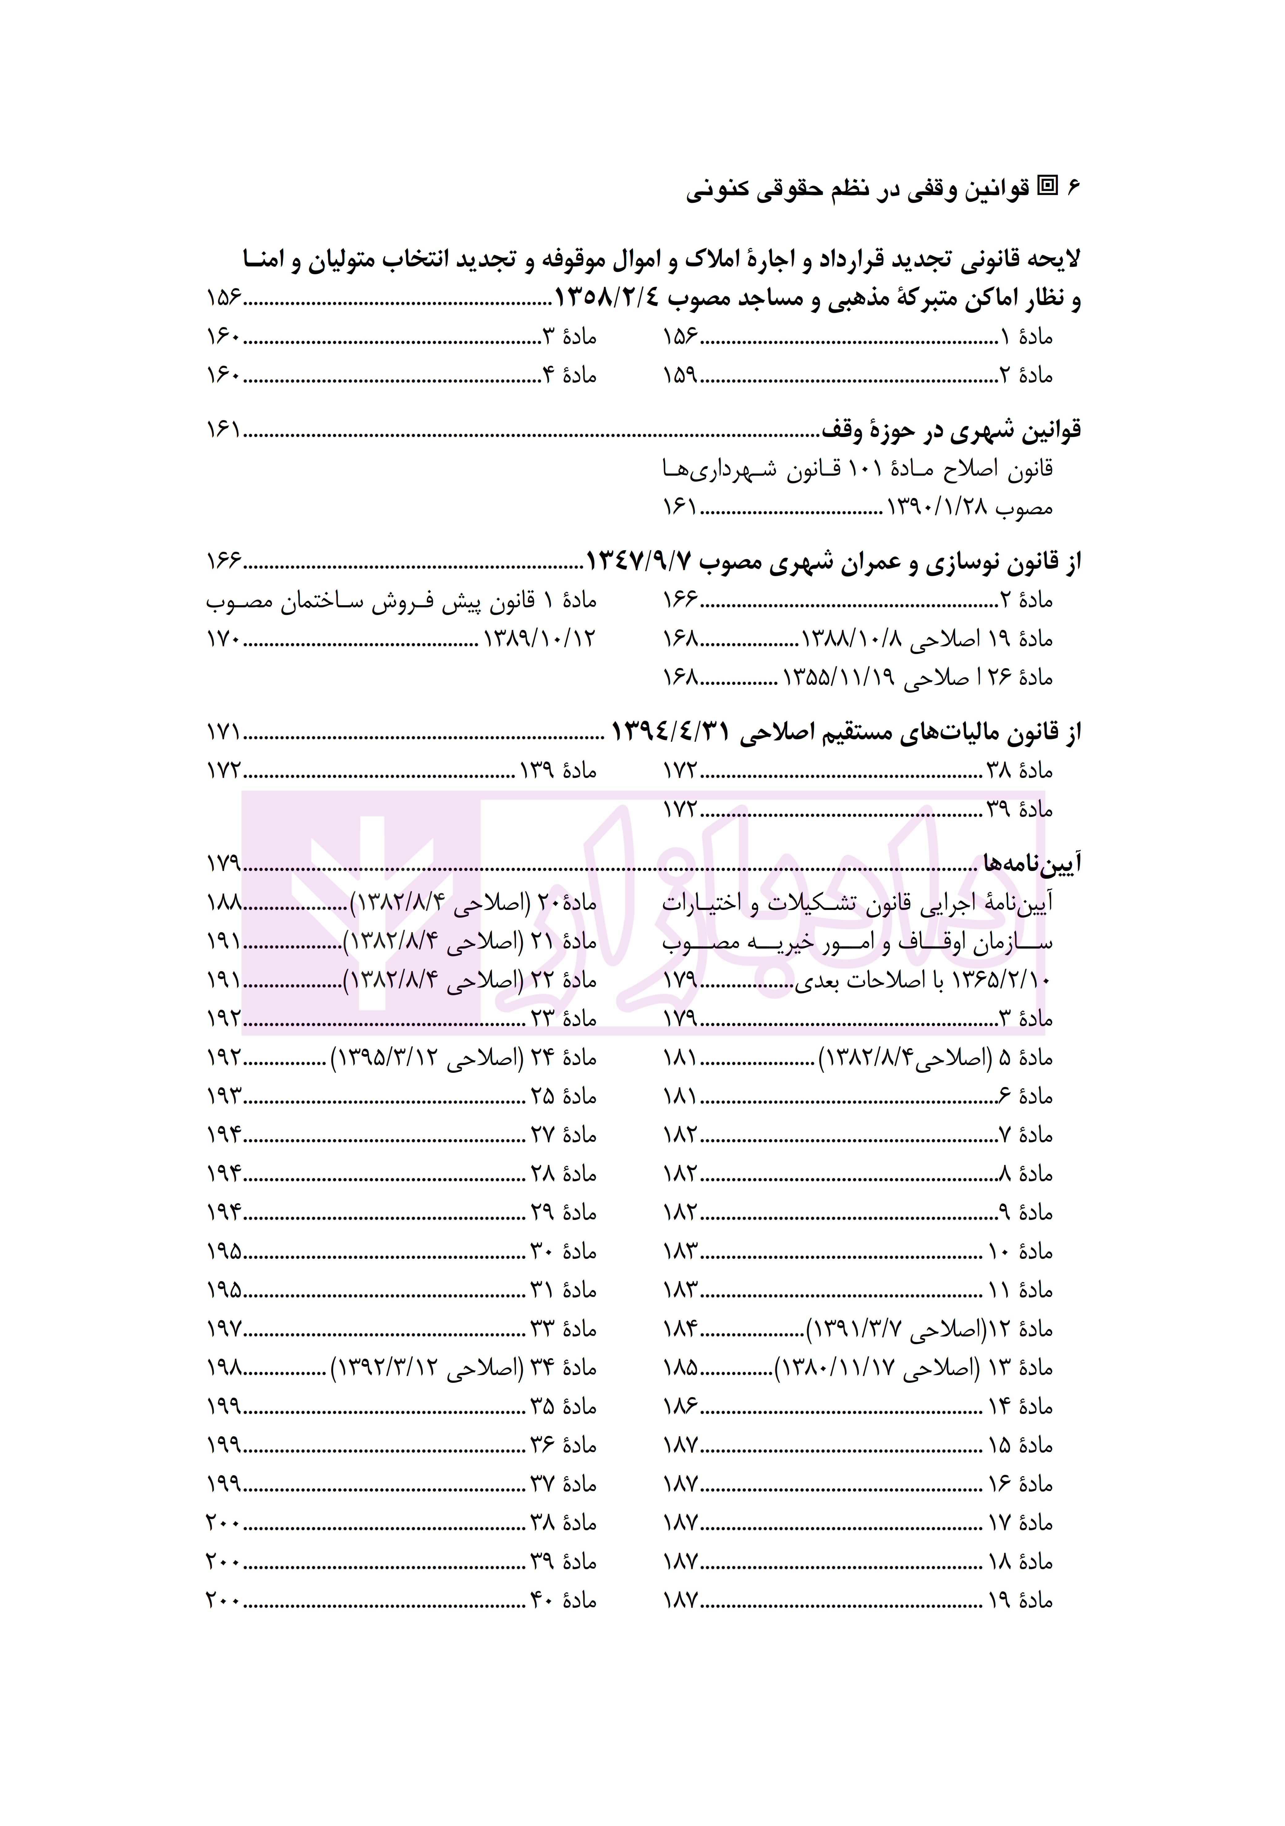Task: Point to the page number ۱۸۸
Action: pos(223,903)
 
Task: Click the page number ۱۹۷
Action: pos(223,1329)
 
